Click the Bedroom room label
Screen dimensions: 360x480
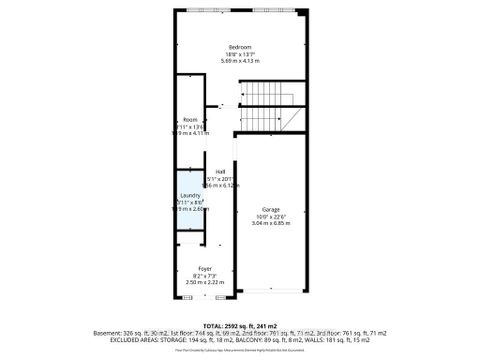click(x=240, y=48)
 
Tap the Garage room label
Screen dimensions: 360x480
click(x=270, y=209)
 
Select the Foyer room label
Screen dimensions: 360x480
click(x=205, y=269)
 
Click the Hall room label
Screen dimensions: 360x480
click(x=220, y=171)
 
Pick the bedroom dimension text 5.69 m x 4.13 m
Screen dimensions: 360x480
click(x=240, y=62)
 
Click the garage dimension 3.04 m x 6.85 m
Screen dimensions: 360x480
click(x=270, y=223)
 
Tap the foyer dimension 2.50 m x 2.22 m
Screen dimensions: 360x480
click(x=205, y=283)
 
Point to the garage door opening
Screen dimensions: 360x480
click(x=270, y=292)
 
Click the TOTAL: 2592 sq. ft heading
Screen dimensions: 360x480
click(x=240, y=326)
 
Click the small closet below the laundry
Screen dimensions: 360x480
click(x=190, y=238)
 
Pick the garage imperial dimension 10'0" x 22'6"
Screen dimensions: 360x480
click(x=270, y=216)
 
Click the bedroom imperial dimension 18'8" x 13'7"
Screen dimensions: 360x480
click(x=240, y=55)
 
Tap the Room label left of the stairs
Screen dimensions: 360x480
click(x=190, y=119)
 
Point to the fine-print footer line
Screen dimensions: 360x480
click(x=240, y=351)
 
